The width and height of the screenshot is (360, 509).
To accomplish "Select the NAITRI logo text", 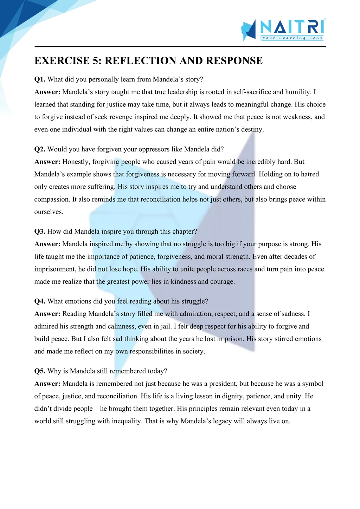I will pyautogui.click(x=292, y=27).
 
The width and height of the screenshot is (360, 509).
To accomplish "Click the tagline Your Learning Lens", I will pyautogui.click(x=292, y=38).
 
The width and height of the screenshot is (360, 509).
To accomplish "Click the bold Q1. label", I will pyautogui.click(x=40, y=79).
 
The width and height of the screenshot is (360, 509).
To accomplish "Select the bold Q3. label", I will pyautogui.click(x=40, y=231).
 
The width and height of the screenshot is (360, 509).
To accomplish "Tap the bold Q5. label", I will pyautogui.click(x=40, y=371).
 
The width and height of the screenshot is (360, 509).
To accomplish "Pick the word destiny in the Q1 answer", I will pyautogui.click(x=252, y=129).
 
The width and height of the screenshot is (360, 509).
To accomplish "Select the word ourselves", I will pyautogui.click(x=49, y=212).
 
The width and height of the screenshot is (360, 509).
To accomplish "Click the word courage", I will pyautogui.click(x=222, y=282).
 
